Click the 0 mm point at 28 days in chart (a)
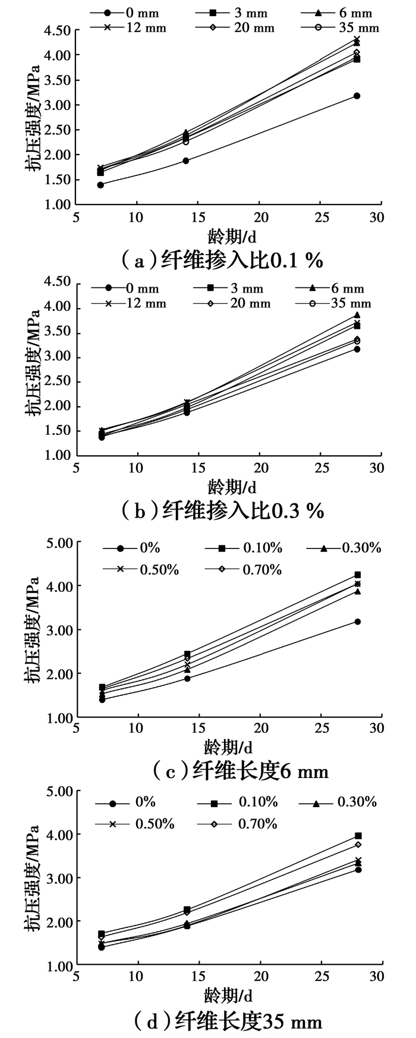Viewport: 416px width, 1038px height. pos(357,96)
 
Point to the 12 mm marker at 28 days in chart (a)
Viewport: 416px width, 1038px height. pos(357,40)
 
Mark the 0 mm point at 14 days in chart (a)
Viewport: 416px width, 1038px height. pos(186,161)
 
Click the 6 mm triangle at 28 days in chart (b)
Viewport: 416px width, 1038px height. pos(357,315)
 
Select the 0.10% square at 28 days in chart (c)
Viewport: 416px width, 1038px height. pos(358,575)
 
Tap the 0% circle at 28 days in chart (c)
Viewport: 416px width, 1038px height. pos(358,622)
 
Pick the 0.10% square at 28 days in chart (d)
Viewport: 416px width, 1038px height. pos(358,836)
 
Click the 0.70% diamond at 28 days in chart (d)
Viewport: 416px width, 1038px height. pos(358,845)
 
